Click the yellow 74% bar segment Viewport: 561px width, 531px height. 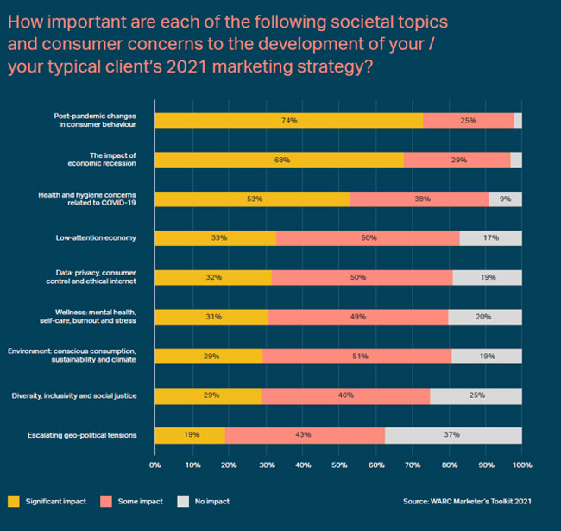289,120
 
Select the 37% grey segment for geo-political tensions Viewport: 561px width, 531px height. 453,434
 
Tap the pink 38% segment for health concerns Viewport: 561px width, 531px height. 419,199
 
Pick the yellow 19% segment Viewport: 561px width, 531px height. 190,434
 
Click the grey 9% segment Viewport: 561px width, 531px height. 505,199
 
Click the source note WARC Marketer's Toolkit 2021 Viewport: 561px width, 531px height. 464,500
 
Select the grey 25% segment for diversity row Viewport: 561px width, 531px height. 476,395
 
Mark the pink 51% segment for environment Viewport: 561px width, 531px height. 356,356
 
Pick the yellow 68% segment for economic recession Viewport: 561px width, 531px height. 279,160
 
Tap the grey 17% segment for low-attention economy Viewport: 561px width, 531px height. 490,237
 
